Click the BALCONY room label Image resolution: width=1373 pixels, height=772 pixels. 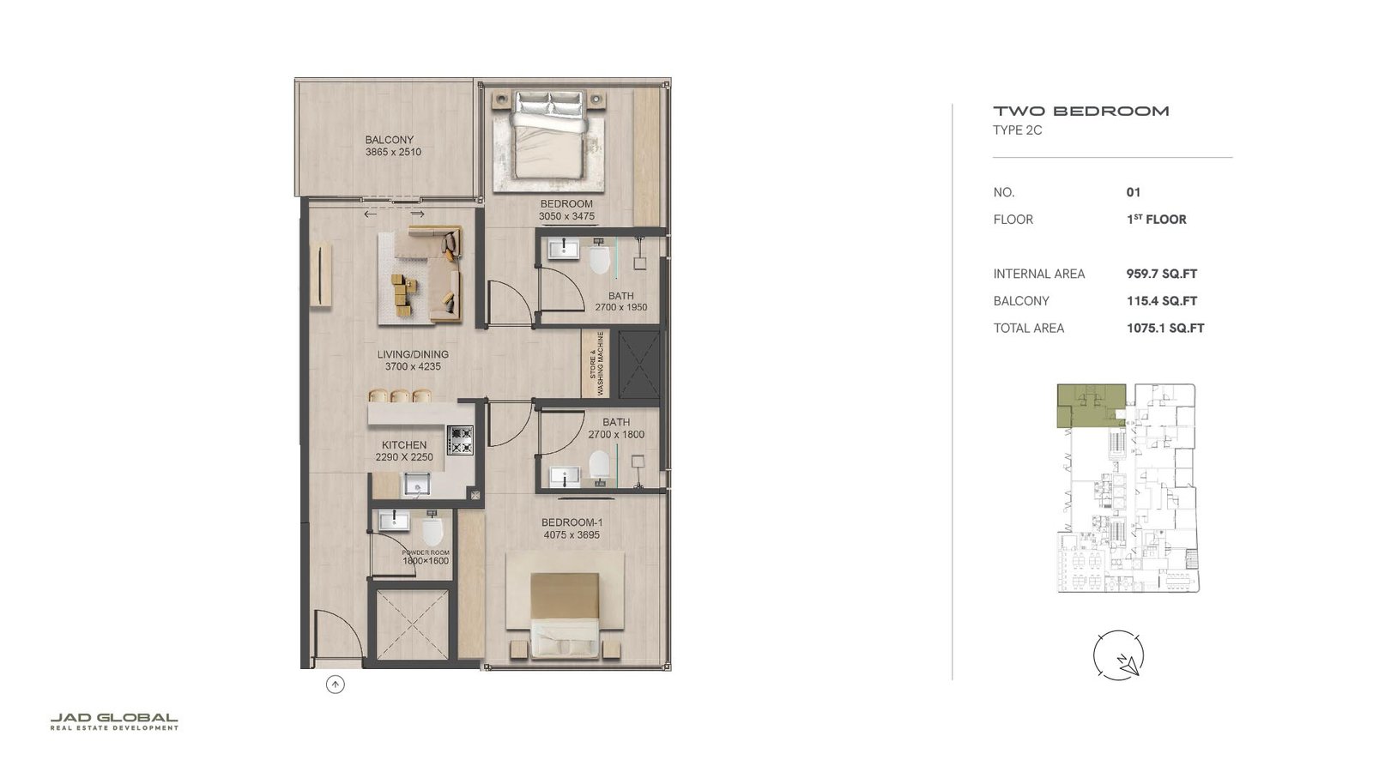390,140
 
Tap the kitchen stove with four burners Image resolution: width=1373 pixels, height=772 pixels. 460,440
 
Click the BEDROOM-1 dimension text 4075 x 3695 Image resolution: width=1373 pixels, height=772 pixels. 572,535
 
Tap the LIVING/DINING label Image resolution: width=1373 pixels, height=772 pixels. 413,354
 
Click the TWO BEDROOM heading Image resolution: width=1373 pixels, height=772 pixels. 1080,111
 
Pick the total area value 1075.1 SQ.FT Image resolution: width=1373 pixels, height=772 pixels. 1164,328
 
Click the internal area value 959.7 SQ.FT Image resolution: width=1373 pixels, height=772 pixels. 1161,274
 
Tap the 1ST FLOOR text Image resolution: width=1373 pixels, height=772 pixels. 1156,220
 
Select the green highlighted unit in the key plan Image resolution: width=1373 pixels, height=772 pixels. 1089,406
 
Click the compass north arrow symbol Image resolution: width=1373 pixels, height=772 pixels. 1119,656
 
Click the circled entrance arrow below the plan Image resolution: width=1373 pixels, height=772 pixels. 336,685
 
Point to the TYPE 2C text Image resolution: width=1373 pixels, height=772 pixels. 1017,130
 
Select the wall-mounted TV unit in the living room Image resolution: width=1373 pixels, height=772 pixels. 321,274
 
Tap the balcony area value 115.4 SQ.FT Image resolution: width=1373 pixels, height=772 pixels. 1161,301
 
